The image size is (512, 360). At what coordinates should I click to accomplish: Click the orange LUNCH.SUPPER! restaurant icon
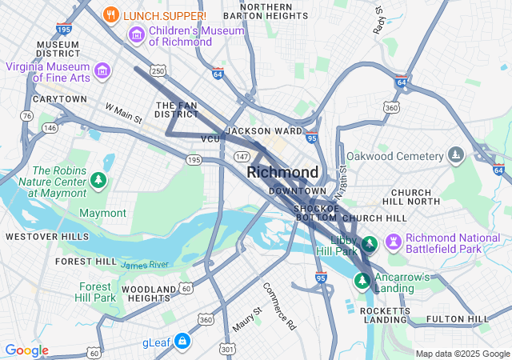112,15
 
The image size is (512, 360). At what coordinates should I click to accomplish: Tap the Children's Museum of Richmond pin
136,35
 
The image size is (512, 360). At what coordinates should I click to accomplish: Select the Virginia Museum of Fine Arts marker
102,71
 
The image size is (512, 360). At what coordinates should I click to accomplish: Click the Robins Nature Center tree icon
98,180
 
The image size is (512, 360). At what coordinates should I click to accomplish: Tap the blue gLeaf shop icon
182,342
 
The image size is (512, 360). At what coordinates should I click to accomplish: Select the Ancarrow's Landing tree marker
362,281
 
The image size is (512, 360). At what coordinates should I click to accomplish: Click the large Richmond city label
282,172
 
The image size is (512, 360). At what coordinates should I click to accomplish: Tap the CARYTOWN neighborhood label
60,99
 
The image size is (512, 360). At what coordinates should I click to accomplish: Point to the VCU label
210,139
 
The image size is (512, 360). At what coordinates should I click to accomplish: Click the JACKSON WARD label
264,130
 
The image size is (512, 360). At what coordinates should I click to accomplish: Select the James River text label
145,264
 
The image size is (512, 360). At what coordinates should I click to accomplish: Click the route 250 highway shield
158,72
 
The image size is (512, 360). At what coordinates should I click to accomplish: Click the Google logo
27,350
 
